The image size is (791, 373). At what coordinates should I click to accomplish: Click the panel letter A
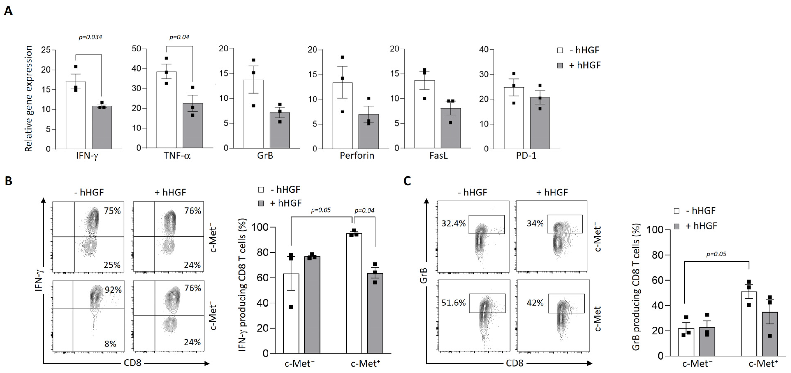(8, 11)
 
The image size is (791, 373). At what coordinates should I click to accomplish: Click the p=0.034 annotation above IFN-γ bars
(90, 37)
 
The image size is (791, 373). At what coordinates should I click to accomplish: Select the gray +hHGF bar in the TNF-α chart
(193, 126)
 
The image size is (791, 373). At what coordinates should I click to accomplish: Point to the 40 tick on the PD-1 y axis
(484, 50)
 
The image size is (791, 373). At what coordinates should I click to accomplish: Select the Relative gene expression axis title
(29, 99)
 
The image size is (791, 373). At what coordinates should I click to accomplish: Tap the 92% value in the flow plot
(113, 290)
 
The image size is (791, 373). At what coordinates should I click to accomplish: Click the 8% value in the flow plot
(110, 344)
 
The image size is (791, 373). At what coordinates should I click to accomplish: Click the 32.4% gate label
(453, 224)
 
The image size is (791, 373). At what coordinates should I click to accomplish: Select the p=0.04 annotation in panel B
(364, 211)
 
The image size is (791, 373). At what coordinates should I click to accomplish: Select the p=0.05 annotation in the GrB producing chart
(716, 254)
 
